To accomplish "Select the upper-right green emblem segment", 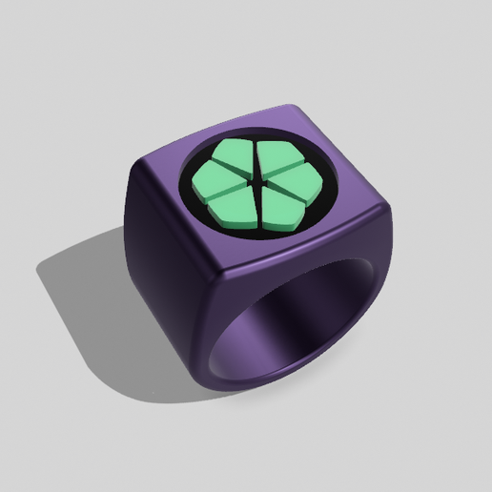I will tap(276, 159).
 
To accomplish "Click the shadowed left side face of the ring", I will tap(162, 286).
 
